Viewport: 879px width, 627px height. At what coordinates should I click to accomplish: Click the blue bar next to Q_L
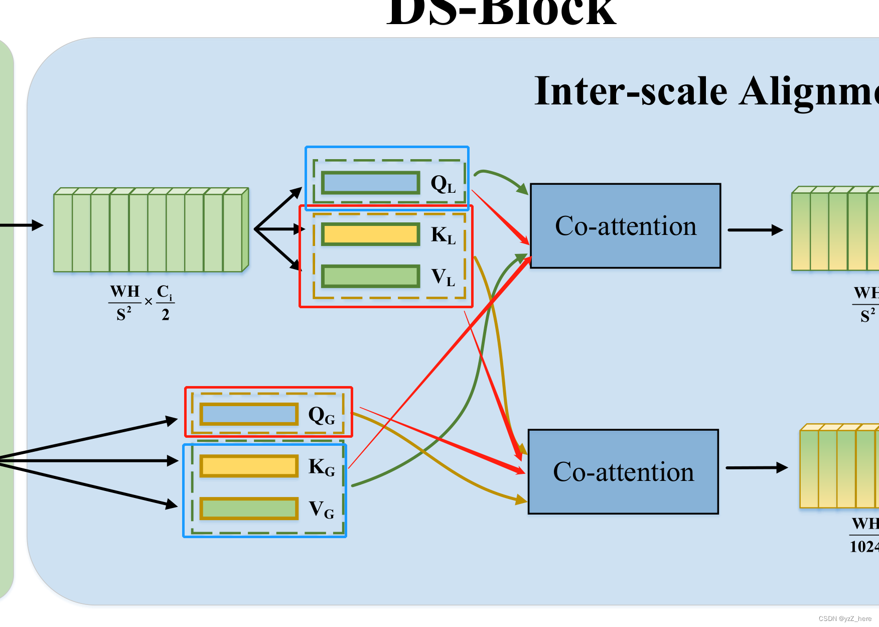point(370,183)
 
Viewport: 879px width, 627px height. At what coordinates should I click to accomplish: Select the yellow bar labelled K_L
point(370,234)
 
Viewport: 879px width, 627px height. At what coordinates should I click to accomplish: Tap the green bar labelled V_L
point(370,276)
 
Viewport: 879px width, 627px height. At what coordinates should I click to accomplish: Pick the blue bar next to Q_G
point(249,415)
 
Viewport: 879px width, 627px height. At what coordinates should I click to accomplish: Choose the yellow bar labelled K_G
point(249,466)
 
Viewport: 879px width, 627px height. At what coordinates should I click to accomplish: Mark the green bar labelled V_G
point(249,509)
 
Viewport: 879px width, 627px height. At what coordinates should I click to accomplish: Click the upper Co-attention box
point(625,226)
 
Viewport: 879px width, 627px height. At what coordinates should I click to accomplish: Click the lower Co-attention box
point(623,472)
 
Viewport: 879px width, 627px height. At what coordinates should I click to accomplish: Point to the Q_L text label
point(443,184)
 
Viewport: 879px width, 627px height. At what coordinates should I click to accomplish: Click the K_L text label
point(443,235)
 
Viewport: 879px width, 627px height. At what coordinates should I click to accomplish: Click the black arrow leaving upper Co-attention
point(755,230)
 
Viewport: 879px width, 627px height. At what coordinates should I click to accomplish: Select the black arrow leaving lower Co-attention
point(756,468)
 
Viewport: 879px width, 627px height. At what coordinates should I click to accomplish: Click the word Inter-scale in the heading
point(631,92)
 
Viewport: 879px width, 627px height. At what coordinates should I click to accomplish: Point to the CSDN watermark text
point(845,618)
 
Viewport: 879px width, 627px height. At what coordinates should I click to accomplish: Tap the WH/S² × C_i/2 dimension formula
point(141,303)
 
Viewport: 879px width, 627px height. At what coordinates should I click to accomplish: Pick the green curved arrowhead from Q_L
point(522,189)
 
